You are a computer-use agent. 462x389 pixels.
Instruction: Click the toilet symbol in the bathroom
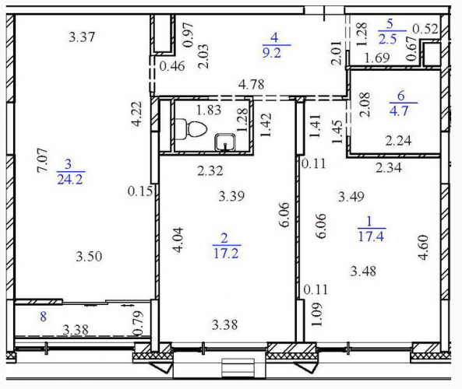tap(191, 129)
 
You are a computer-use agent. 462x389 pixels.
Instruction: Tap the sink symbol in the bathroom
tap(225, 142)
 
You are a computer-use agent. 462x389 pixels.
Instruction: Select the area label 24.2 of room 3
tap(70, 179)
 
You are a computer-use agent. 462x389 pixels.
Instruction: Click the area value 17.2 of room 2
tap(226, 253)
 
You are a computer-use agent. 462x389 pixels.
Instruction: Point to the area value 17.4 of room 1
tap(372, 236)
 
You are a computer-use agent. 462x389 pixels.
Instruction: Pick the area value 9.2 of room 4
tap(273, 53)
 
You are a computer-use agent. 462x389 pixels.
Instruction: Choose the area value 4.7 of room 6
tap(399, 111)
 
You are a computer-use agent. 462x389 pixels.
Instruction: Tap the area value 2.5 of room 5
tap(388, 39)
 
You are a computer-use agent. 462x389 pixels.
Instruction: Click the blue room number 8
tap(44, 317)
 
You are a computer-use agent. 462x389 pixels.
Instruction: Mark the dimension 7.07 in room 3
tap(42, 160)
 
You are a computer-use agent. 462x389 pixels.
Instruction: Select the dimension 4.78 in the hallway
tap(252, 85)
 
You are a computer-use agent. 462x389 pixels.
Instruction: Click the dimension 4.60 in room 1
tap(423, 247)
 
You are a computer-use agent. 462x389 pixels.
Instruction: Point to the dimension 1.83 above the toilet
tap(209, 110)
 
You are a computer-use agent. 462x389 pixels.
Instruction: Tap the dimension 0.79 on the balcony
tap(138, 324)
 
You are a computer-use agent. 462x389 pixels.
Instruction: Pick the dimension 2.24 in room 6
tap(399, 141)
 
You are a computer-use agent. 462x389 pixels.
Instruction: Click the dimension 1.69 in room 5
tap(377, 58)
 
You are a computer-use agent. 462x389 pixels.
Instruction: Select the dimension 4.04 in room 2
tap(178, 240)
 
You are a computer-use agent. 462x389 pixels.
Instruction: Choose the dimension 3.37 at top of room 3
tap(82, 37)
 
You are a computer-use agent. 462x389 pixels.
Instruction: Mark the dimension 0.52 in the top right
tap(425, 29)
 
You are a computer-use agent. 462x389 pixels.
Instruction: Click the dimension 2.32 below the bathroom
tap(210, 170)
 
